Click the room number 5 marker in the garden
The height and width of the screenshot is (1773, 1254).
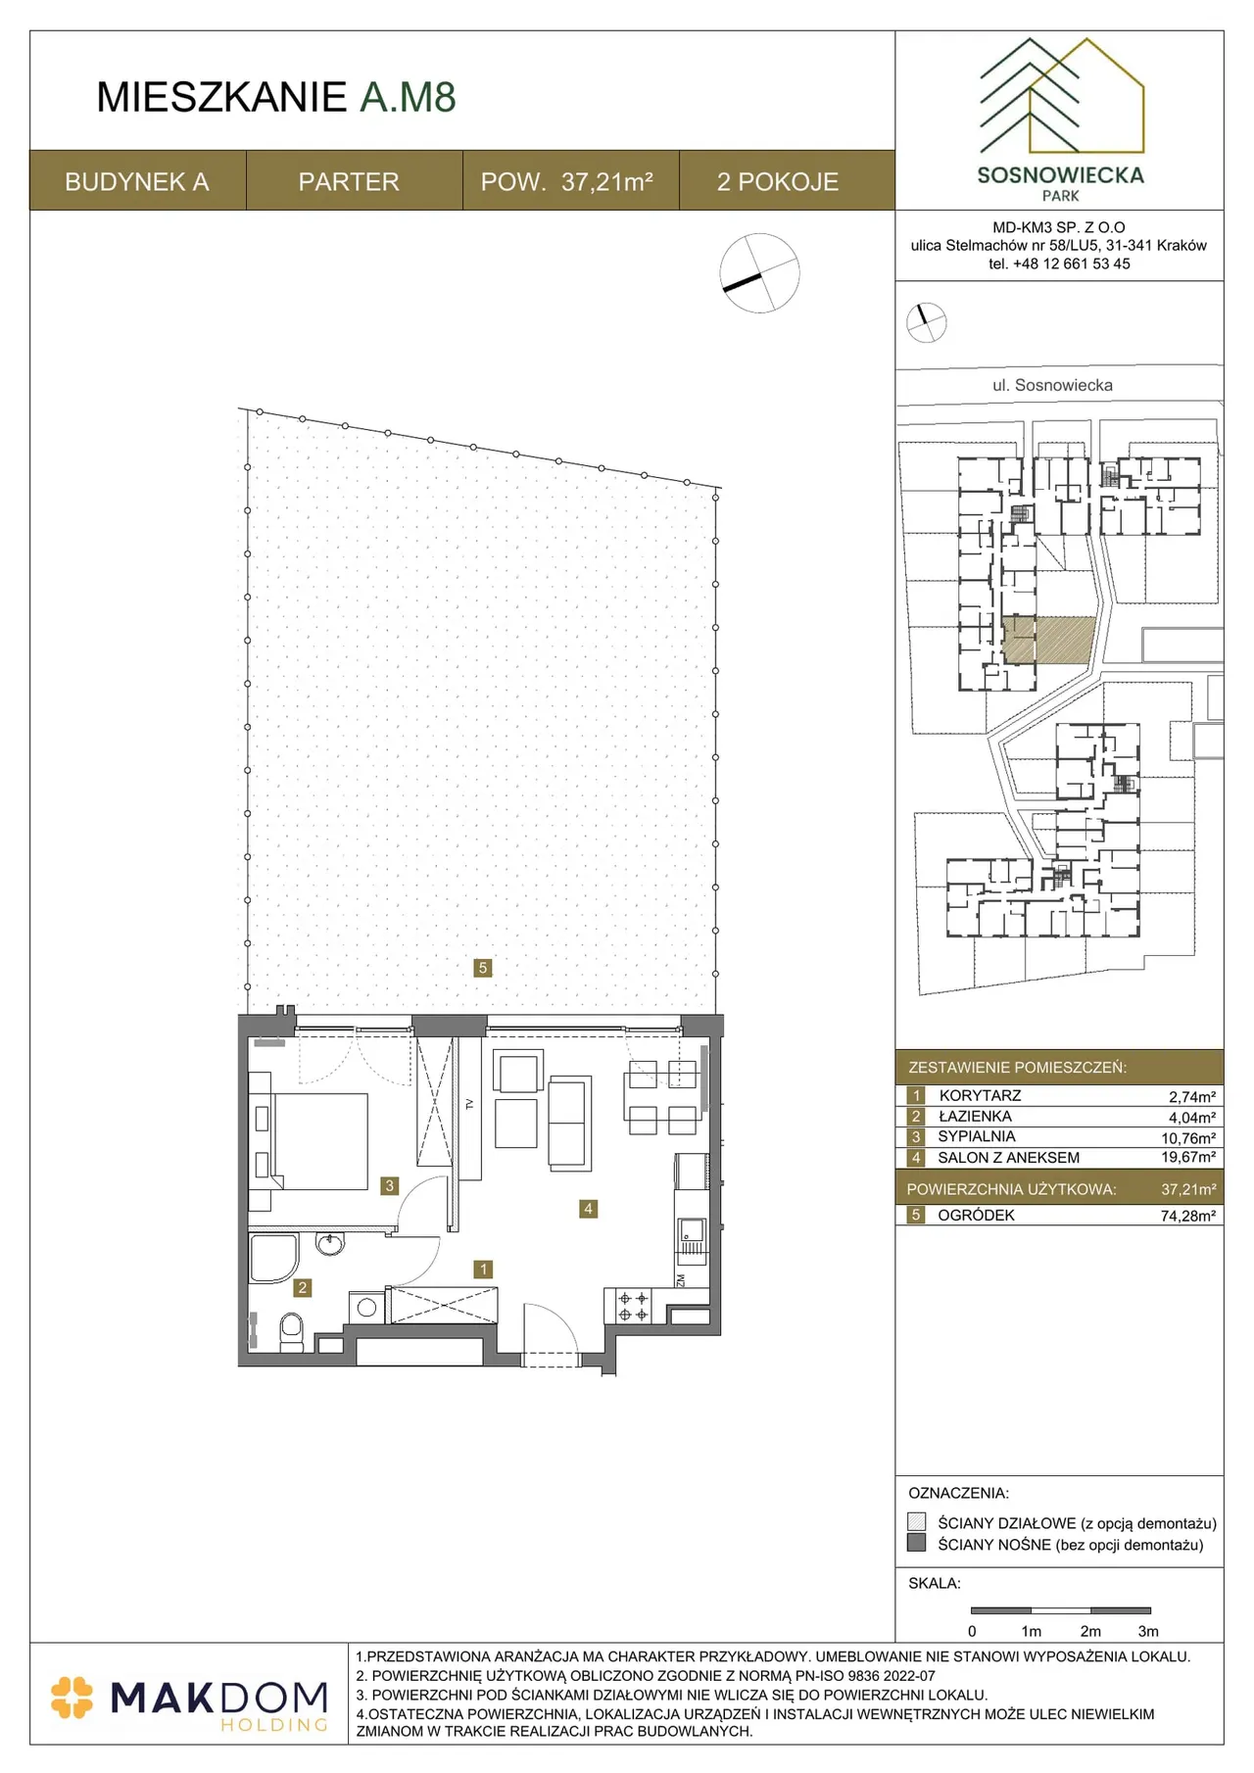pos(482,968)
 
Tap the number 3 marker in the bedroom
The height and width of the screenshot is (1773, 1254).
pos(389,1185)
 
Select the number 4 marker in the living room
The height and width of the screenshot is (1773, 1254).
pos(588,1209)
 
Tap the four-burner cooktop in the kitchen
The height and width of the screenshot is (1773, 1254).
pos(633,1307)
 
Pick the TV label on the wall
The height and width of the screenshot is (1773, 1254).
pos(469,1104)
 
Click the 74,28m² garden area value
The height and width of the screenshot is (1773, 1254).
pos(1188,1216)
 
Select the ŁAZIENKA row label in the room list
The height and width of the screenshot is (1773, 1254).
pos(975,1116)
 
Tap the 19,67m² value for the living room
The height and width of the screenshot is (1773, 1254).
pos(1188,1157)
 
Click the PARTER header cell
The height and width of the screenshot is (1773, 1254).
pos(349,181)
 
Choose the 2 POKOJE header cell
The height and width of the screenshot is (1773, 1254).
pos(778,181)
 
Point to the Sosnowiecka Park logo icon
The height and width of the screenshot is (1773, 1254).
pos(1061,96)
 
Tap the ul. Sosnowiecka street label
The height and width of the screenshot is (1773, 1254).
pos(1052,385)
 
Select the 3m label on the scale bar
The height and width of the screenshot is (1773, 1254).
pos(1148,1631)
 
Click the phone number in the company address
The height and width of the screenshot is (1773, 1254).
pos(1059,264)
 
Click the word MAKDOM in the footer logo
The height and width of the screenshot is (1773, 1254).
pos(219,1698)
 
